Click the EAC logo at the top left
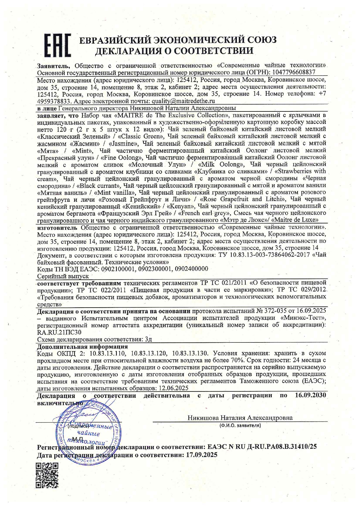click(57, 45)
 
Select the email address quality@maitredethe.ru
click(182, 101)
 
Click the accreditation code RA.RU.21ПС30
click(59, 332)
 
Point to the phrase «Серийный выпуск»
click(63, 276)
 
